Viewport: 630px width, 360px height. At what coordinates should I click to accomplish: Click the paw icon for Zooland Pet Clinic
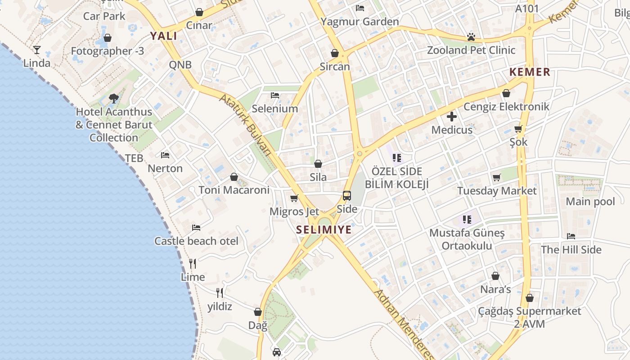click(x=471, y=37)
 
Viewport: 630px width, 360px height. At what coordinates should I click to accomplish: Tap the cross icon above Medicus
click(x=452, y=117)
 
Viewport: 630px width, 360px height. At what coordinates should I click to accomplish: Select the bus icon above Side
click(x=347, y=196)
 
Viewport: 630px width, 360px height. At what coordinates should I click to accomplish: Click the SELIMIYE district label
click(x=324, y=230)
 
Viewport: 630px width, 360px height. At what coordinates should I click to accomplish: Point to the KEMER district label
click(x=530, y=72)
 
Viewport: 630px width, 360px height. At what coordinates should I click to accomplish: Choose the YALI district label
click(x=163, y=36)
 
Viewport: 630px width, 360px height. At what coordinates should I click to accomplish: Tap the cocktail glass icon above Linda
click(x=37, y=50)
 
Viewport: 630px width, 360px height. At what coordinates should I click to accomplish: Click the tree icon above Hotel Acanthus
click(x=114, y=99)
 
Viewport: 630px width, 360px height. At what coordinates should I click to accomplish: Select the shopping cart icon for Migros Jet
click(x=294, y=198)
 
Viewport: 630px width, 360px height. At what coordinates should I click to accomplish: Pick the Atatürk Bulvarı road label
click(x=246, y=124)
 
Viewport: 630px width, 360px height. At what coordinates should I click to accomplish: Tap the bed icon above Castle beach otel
click(x=196, y=228)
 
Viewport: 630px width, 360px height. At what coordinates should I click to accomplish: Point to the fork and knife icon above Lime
click(x=193, y=264)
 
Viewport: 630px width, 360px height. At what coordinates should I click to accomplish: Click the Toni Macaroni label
click(x=234, y=190)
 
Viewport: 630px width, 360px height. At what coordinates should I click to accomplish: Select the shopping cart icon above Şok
click(x=518, y=129)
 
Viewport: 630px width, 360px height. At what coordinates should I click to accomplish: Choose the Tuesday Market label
click(x=497, y=191)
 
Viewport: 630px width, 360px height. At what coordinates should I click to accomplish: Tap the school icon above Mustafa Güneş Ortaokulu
click(x=467, y=220)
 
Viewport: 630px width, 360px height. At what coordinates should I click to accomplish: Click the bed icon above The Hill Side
click(x=571, y=236)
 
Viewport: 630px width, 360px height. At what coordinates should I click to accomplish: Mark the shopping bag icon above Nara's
click(x=495, y=276)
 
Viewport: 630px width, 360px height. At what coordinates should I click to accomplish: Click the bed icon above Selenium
click(x=275, y=95)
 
